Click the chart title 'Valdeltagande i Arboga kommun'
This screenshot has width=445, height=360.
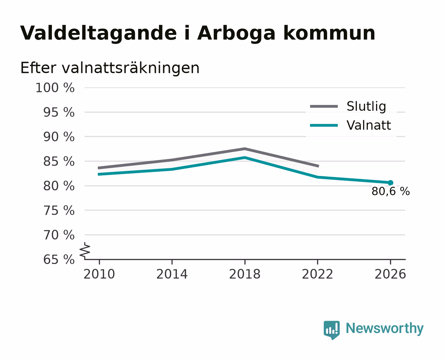click(198, 33)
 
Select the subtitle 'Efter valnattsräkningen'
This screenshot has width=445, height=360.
click(110, 68)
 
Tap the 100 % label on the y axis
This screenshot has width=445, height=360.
click(55, 88)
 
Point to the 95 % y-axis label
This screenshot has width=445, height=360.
click(59, 112)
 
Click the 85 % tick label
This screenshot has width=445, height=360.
click(59, 161)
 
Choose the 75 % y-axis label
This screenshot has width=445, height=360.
click(59, 210)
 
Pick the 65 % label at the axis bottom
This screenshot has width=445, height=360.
click(59, 260)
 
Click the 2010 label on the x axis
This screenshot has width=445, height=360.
click(99, 274)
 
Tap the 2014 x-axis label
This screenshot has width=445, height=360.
click(172, 274)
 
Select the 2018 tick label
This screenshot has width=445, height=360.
click(245, 274)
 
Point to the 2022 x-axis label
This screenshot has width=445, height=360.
click(317, 274)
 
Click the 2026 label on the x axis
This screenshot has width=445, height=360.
click(390, 274)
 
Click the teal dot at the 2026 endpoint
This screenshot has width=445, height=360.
click(390, 183)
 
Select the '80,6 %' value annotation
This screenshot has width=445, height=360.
click(391, 191)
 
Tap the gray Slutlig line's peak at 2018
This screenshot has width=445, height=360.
click(244, 149)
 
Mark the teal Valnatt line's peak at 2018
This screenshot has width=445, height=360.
click(244, 158)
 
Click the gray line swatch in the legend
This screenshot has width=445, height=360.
click(324, 106)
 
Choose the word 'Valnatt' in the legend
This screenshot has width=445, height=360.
click(369, 125)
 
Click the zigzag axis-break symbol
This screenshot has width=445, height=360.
click(85, 250)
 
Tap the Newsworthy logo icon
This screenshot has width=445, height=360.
click(331, 330)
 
